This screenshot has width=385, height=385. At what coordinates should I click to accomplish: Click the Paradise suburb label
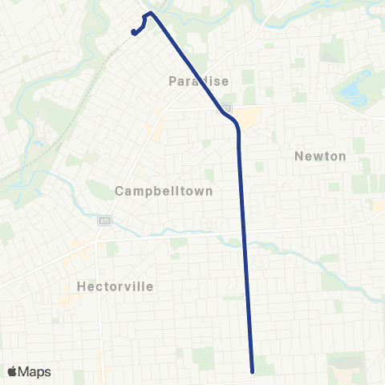[199, 80]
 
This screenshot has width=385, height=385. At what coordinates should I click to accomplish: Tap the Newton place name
[320, 156]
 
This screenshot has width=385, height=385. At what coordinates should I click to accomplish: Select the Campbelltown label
[164, 192]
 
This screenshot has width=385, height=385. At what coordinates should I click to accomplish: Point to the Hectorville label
[115, 286]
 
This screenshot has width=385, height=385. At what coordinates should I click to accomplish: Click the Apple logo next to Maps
[12, 371]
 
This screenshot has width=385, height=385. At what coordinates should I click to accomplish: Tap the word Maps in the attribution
[34, 371]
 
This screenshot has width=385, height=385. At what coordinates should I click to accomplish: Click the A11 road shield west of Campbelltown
[104, 221]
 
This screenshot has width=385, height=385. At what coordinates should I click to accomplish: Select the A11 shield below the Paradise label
[229, 107]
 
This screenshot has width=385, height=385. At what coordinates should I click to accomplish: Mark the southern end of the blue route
[253, 371]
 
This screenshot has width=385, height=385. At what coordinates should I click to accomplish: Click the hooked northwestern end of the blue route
[132, 32]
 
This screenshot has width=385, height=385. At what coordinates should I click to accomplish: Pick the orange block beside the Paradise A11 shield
[248, 117]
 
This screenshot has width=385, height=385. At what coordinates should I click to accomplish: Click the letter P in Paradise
[172, 80]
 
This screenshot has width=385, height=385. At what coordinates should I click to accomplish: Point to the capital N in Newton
[298, 156]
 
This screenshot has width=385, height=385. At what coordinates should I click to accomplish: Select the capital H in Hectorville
[82, 286]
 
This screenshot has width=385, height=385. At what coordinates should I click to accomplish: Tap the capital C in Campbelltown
[119, 192]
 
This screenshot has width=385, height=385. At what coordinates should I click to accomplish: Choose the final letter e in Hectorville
[149, 286]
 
